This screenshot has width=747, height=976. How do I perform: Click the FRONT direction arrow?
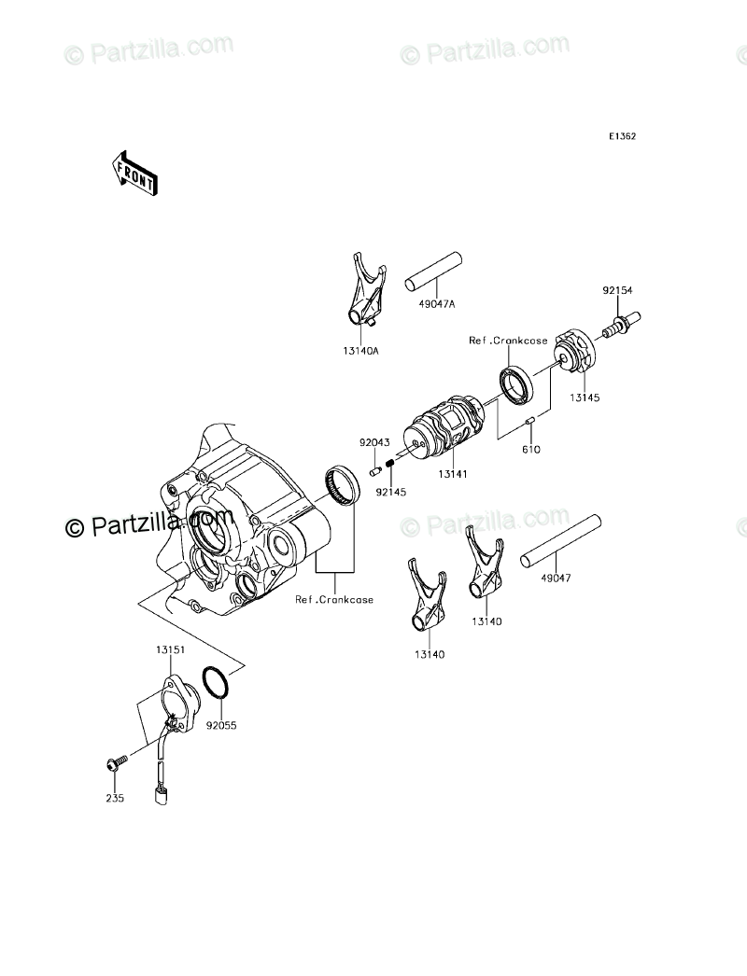[x=134, y=173]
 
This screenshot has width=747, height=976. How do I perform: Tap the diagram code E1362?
[x=623, y=136]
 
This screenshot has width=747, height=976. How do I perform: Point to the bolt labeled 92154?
[x=618, y=326]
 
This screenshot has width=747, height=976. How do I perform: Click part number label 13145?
[x=585, y=397]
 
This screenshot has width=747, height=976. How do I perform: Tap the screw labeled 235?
[x=113, y=765]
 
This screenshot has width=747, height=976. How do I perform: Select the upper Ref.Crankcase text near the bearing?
[x=508, y=342]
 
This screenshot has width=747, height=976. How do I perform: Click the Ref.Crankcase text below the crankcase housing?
[x=334, y=599]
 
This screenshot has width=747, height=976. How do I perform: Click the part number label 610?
[x=531, y=449]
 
